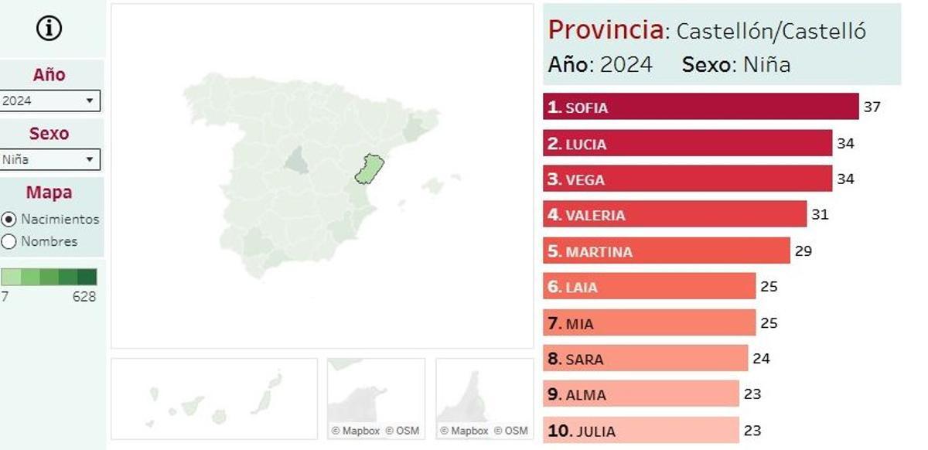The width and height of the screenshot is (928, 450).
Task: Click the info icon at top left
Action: pos(49,29)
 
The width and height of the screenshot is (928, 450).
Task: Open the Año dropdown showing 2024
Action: pos(50,101)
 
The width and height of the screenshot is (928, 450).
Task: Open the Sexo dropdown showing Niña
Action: pos(50,159)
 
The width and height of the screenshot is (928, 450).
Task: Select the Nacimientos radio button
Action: pos(9,219)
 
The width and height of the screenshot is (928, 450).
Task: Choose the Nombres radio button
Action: pos(9,241)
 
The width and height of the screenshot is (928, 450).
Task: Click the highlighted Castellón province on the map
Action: pos(370,169)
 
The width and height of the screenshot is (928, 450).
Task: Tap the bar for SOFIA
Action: pos(700,107)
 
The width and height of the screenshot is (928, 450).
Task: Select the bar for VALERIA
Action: pos(674,214)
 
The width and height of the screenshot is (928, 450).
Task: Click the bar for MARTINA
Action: pos(666,251)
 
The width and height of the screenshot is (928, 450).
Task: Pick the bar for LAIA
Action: pos(649,286)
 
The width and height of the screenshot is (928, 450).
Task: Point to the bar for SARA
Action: pos(645,359)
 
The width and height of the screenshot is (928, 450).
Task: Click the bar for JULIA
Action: pos(640,431)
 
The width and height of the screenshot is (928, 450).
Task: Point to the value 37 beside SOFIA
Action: pos(872,107)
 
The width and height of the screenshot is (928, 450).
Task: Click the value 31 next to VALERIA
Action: pos(820,214)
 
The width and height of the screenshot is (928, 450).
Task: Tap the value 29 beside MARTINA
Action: pos(803,251)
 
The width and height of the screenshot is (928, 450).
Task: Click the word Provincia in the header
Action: pos(606,30)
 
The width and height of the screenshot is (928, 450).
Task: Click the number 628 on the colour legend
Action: pos(84,297)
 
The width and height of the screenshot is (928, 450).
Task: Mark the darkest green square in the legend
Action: pos(87,277)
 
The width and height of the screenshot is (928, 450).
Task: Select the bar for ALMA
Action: pos(640,394)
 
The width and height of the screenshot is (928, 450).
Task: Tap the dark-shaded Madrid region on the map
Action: pos(296,160)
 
